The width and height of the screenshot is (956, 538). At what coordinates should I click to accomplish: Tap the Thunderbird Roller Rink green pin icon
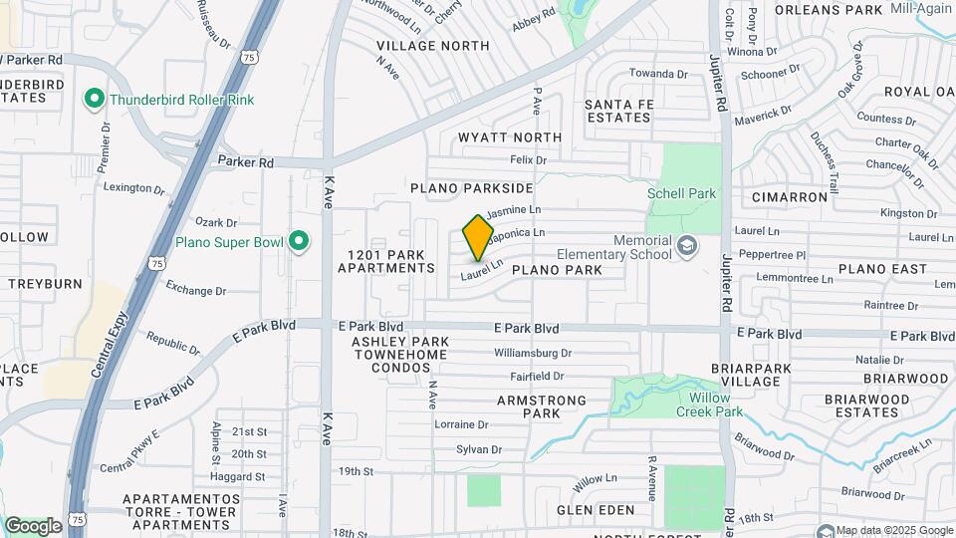click(96, 99)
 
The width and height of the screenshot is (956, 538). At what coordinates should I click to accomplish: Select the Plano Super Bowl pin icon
click(298, 241)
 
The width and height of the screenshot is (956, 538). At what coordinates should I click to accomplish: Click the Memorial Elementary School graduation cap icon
click(685, 245)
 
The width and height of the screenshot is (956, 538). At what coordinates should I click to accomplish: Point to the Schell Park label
click(681, 193)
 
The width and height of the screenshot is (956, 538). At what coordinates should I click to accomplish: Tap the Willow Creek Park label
click(709, 403)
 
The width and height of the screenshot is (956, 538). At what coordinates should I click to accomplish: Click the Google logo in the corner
click(33, 525)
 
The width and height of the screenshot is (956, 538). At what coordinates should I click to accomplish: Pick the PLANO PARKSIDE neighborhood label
click(471, 187)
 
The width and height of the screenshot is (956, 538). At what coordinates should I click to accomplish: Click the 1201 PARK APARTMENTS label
click(386, 261)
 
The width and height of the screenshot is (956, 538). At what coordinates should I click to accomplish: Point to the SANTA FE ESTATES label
click(617, 111)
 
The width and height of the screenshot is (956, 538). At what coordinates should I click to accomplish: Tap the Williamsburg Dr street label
click(533, 353)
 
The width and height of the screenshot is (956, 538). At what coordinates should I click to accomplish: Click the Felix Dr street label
click(528, 159)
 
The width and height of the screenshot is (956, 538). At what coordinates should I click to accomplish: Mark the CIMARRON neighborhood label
click(790, 197)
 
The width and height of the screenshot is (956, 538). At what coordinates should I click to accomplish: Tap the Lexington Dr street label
click(133, 188)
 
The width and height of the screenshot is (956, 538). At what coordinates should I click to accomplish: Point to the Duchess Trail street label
click(826, 154)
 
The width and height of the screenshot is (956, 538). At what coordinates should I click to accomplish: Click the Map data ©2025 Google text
click(893, 530)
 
